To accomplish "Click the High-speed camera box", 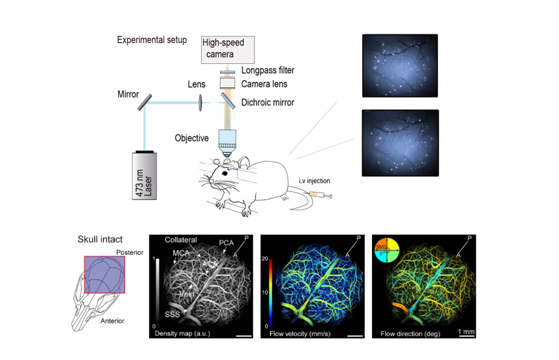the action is (x=228, y=49).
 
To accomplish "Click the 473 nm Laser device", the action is (x=144, y=175).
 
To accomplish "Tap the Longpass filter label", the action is (x=268, y=70).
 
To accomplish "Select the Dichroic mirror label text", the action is (x=268, y=103).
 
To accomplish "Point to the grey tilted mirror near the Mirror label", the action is (x=145, y=102).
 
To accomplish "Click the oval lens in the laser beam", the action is (x=200, y=103).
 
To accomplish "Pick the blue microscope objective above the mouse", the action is (x=227, y=143).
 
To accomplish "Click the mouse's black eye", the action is (x=224, y=174).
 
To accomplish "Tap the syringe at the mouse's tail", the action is (x=321, y=195).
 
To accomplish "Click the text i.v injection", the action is (x=314, y=181).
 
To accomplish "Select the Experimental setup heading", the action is (x=152, y=40).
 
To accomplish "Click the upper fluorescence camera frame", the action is (x=400, y=65).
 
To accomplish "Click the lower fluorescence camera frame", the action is (x=400, y=143).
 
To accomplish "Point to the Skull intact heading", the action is (x=100, y=239).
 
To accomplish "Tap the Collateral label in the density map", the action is (x=181, y=240).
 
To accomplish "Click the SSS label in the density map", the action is (x=172, y=314).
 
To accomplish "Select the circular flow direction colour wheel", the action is (x=387, y=250).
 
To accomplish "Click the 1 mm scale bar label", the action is (x=466, y=331).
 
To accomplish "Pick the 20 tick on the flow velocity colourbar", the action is (x=265, y=259).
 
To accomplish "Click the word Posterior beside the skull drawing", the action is (x=130, y=252).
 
